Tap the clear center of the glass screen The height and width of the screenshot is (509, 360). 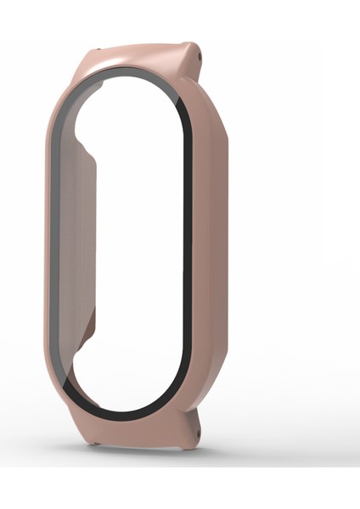[136, 246]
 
